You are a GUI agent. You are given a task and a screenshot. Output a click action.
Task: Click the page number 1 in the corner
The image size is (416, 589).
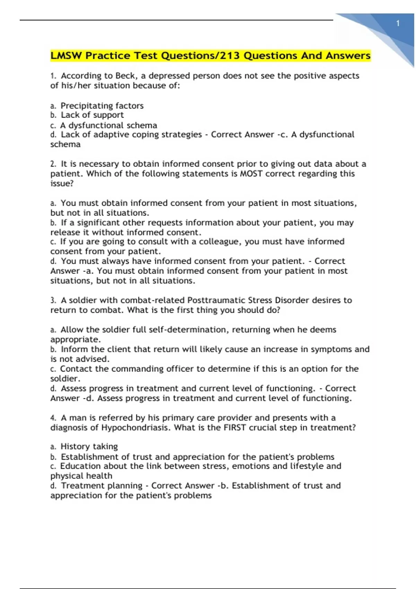(398, 24)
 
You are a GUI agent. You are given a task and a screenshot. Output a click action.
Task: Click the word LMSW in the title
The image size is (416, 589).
(66, 56)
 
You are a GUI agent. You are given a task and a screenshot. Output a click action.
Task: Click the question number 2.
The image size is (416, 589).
(53, 164)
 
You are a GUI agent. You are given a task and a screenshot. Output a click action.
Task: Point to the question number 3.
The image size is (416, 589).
(53, 300)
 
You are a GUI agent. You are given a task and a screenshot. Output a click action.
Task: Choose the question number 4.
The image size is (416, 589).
(53, 418)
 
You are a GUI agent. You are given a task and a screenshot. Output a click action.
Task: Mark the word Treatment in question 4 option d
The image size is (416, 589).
(80, 486)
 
